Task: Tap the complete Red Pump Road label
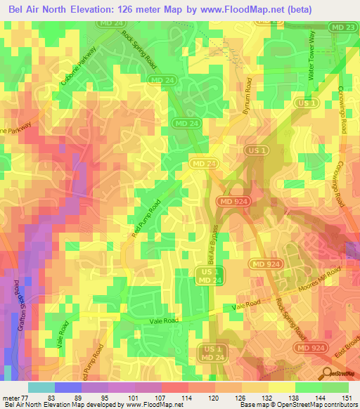(x=144, y=218)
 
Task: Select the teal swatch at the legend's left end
(x=41, y=387)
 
